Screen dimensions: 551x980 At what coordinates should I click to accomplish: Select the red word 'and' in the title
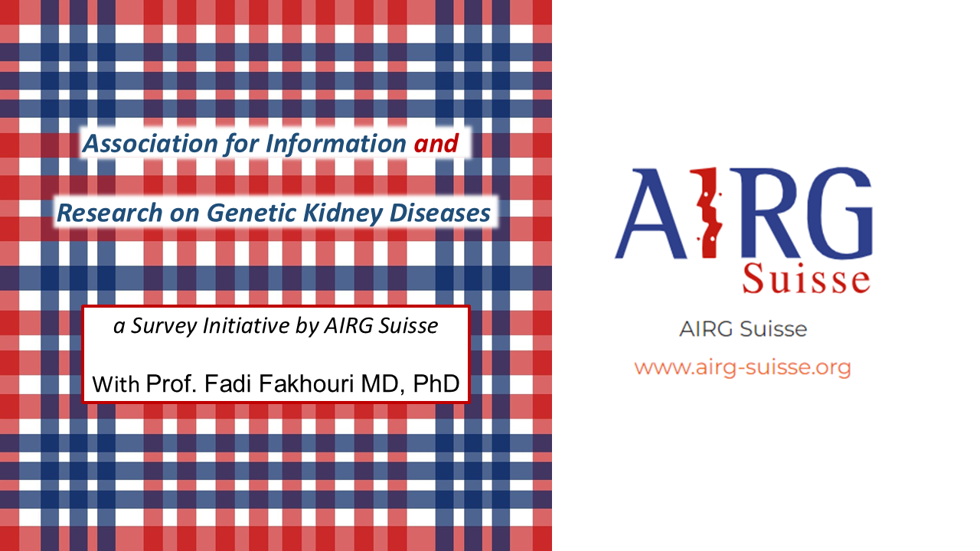(x=436, y=143)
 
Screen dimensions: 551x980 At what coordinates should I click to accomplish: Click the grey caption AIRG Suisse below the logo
(x=743, y=330)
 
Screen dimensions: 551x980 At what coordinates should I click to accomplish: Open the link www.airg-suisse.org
(x=743, y=367)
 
